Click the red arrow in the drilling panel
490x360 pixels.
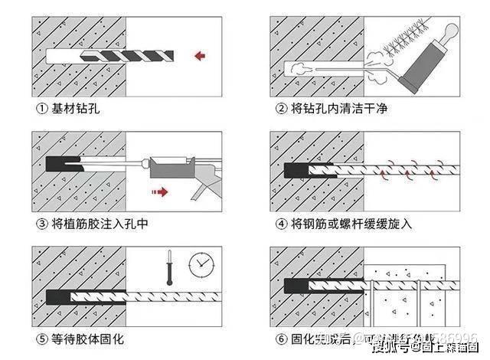click(x=201, y=54)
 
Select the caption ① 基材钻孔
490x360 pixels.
click(x=67, y=109)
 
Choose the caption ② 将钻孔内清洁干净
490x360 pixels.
click(x=331, y=109)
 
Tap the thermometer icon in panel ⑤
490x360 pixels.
click(x=166, y=267)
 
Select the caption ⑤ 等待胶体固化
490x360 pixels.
click(x=79, y=339)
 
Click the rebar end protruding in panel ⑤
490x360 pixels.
click(x=191, y=296)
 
